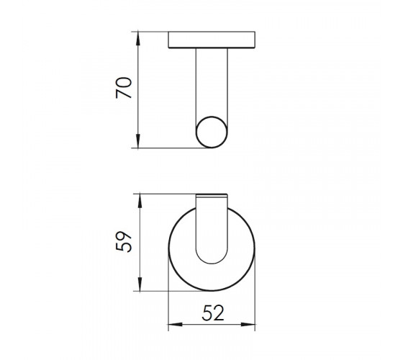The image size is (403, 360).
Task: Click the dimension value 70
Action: tap(124, 88)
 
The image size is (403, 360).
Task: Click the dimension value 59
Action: tap(124, 241)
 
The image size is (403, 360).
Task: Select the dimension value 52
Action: tap(213, 313)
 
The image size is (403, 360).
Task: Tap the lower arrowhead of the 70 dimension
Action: tap(138, 141)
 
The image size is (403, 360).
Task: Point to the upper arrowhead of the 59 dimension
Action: tap(140, 201)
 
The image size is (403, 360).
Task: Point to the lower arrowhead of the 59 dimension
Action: tap(140, 284)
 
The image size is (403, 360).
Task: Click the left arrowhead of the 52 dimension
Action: tap(175, 324)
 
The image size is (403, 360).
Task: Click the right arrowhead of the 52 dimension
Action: tap(248, 324)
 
